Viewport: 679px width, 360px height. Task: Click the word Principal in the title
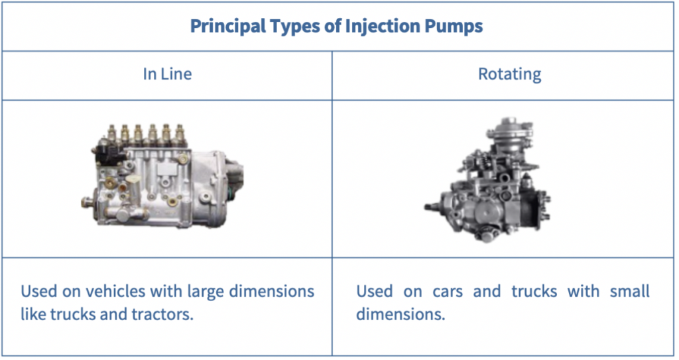[x=228, y=27]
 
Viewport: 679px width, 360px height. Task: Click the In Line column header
[x=167, y=74]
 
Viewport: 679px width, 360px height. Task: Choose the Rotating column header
[x=509, y=74]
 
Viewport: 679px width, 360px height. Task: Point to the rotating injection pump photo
[x=487, y=180]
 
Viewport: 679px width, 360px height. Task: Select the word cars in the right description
[x=448, y=292]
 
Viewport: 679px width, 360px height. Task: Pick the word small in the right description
[x=630, y=291]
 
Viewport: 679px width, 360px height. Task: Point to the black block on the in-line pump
[x=107, y=152]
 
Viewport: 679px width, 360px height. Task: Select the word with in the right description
[x=584, y=291]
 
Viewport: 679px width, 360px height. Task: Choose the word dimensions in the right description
[x=401, y=314]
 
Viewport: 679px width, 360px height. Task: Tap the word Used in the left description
[x=38, y=291]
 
